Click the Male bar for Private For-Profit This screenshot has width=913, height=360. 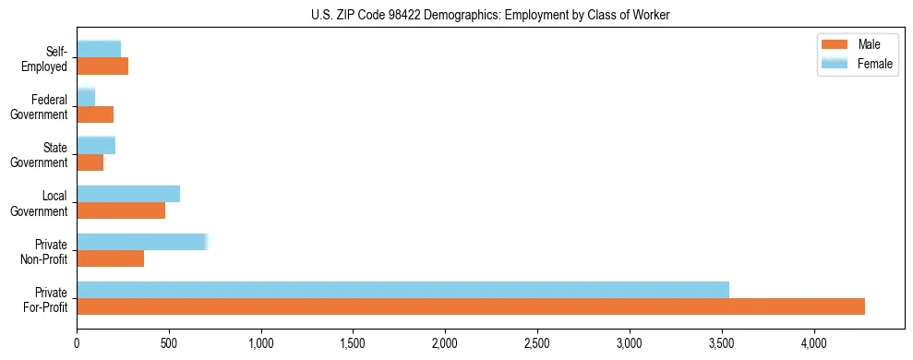point(471,306)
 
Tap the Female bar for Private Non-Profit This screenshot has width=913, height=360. point(142,242)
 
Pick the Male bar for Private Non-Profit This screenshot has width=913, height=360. point(111,258)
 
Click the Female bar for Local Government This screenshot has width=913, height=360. point(128,194)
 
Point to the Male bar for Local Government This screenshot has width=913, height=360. point(121,210)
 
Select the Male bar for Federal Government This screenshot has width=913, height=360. point(95,114)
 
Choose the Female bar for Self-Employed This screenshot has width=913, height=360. point(99,49)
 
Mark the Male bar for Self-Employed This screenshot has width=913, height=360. point(102,66)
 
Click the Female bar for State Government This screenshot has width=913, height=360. point(96,145)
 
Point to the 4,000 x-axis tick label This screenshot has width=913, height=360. point(813,342)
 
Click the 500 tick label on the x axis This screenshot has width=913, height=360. point(169,342)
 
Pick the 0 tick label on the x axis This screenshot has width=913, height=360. point(77,342)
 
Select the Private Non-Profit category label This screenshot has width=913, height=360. point(46,251)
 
